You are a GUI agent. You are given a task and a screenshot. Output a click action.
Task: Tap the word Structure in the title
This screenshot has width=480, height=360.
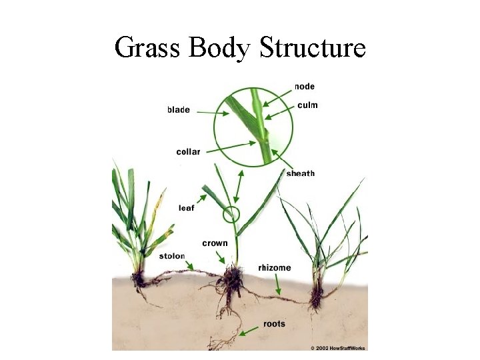pos(313,48)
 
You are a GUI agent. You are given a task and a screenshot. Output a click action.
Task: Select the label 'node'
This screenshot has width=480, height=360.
pos(304,87)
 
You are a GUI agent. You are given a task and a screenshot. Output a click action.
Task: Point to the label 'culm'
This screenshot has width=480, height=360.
pos(307,105)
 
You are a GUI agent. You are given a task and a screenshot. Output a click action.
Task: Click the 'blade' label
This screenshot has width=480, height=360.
pos(179,110)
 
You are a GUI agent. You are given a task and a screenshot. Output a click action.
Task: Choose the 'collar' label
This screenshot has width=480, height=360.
pos(188,152)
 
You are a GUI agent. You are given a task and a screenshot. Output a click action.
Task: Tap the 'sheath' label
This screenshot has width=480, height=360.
pos(301,174)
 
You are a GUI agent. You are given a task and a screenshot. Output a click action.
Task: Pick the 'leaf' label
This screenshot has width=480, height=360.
pos(187,208)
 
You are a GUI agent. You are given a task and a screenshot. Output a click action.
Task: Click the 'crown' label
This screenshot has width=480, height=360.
pos(215,243)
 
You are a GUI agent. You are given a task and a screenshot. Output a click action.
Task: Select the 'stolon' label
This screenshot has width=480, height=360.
pos(172,256)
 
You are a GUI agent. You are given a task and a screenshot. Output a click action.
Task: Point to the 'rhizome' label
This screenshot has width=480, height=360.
pos(275,268)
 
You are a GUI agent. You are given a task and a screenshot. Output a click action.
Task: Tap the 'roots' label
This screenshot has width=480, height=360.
pos(274,324)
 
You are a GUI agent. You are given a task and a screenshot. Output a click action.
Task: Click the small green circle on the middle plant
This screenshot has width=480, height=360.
pos(231,215)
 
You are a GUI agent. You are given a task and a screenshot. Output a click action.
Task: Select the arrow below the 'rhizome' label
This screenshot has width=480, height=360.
pos(277,285)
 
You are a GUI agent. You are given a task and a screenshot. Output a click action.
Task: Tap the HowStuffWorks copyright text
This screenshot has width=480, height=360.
pos(339,347)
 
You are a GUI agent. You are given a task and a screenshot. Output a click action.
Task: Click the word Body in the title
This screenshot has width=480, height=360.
pos(220,48)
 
